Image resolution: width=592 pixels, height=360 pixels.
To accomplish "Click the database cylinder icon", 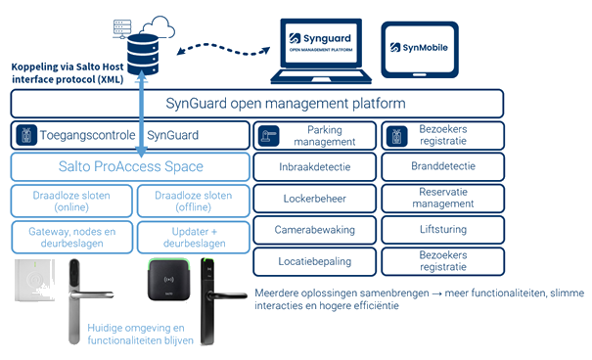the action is pyautogui.click(x=142, y=55).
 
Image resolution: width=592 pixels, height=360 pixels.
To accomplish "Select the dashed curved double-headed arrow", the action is pyautogui.click(x=223, y=50).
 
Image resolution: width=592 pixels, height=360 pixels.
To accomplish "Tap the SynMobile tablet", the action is pyautogui.click(x=420, y=50).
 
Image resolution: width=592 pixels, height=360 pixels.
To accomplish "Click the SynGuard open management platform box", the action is pyautogui.click(x=257, y=104).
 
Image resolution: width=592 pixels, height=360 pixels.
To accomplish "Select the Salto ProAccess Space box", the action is pyautogui.click(x=130, y=166).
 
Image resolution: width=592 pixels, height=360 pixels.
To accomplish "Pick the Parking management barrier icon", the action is pyautogui.click(x=268, y=135).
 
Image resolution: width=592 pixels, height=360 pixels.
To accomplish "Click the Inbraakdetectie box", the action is pyautogui.click(x=314, y=166).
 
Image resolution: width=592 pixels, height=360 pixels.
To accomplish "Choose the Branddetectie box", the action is pyautogui.click(x=443, y=166).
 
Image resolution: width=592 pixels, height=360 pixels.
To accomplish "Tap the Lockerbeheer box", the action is pyautogui.click(x=314, y=199).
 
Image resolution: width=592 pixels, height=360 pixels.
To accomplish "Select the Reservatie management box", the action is pyautogui.click(x=443, y=199).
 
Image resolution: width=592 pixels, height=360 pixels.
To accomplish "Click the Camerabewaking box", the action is pyautogui.click(x=314, y=230).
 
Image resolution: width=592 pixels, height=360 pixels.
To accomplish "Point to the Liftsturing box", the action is pyautogui.click(x=443, y=230).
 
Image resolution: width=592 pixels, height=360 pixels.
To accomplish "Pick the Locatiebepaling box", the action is pyautogui.click(x=314, y=261).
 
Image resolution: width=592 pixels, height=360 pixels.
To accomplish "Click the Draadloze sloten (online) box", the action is pyautogui.click(x=71, y=202).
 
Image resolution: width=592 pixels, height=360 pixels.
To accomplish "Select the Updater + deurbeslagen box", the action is pyautogui.click(x=194, y=238).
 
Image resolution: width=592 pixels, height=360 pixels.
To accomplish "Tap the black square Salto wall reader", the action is pyautogui.click(x=168, y=280).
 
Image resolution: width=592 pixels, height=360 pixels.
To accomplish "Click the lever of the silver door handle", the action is pyautogui.click(x=94, y=294).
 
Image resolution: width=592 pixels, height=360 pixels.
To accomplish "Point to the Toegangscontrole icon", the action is pyautogui.click(x=26, y=135).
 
